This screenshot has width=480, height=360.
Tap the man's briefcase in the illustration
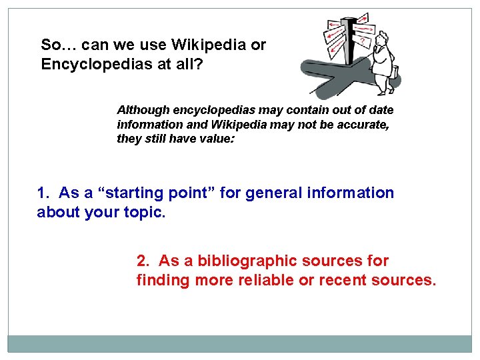coord(395,71)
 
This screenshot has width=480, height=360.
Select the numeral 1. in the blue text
coord(43,193)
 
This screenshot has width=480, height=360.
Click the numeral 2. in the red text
coord(143,261)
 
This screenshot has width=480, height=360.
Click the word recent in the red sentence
coord(344,280)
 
